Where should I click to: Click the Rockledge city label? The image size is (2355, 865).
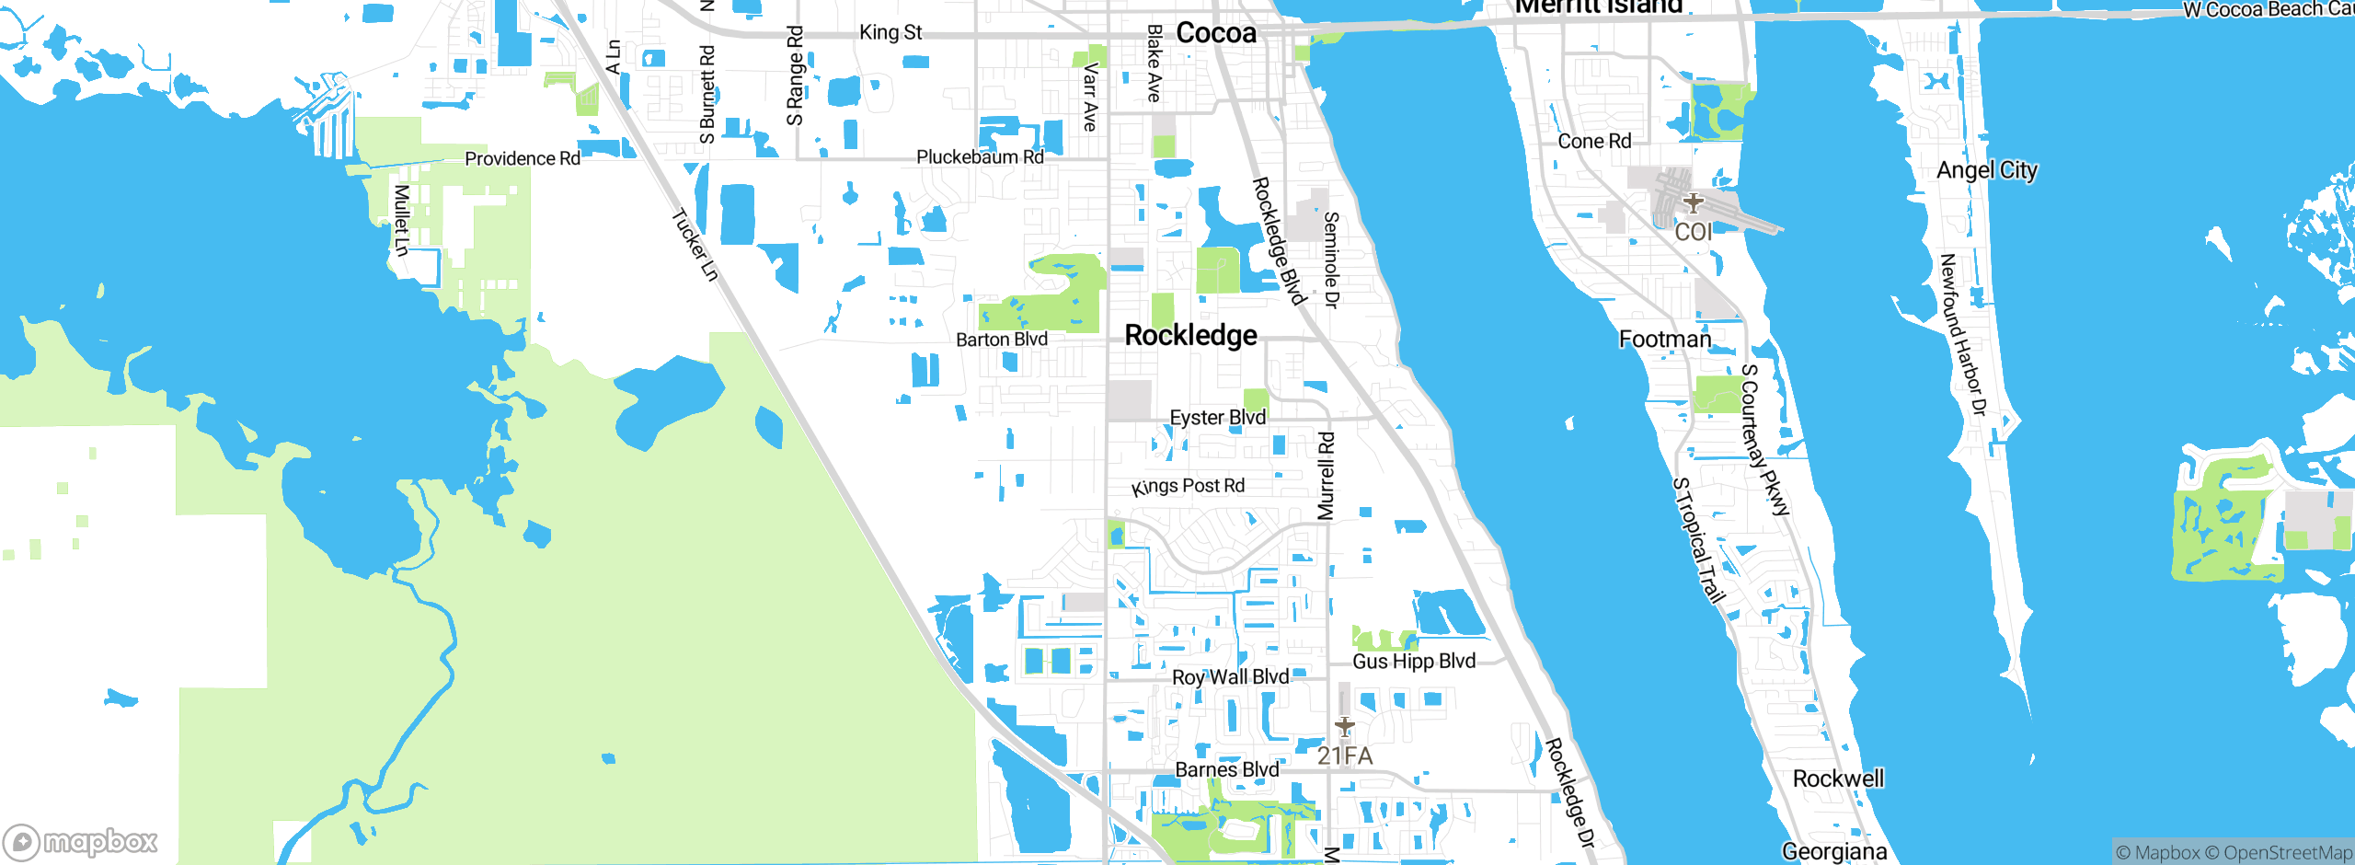click(x=1190, y=336)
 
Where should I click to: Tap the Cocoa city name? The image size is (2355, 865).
click(x=1215, y=34)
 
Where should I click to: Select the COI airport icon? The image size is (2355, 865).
click(x=1693, y=202)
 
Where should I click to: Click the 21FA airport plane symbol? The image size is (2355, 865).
click(x=1345, y=727)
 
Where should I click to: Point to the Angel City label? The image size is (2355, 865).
click(x=1986, y=170)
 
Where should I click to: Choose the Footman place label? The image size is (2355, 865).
click(x=1665, y=340)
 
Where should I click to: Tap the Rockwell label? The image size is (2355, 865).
click(x=1838, y=779)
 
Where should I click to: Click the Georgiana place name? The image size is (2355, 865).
click(x=1834, y=851)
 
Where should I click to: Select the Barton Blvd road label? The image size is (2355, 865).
click(x=1002, y=340)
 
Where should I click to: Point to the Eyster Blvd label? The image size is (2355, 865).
click(x=1218, y=418)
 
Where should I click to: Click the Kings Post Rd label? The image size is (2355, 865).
click(x=1189, y=486)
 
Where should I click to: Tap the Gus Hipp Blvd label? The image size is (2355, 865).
click(x=1414, y=662)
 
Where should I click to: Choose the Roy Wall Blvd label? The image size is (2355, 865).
click(x=1230, y=677)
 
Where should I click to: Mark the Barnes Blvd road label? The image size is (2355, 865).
click(x=1227, y=769)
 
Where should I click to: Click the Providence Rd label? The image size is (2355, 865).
click(x=523, y=159)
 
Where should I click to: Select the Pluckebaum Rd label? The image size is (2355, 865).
click(x=980, y=157)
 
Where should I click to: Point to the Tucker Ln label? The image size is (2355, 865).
click(x=695, y=245)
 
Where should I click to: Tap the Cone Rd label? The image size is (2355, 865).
click(x=1594, y=142)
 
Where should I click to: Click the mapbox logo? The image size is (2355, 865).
click(x=81, y=842)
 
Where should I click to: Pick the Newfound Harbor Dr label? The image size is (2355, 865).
click(x=1963, y=335)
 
